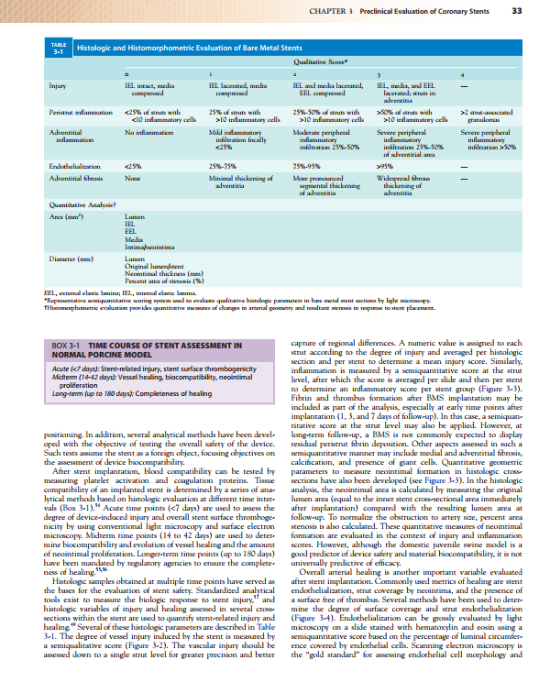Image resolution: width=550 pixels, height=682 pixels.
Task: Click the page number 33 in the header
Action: (x=517, y=11)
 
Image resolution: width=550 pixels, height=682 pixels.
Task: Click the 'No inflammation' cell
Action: (x=147, y=132)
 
